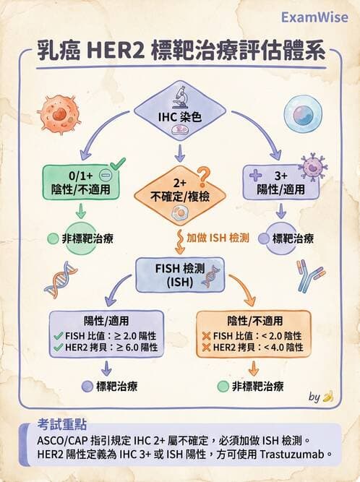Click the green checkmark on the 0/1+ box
(x=116, y=164)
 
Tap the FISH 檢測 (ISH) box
(x=179, y=274)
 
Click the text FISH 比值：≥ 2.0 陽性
(x=106, y=336)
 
